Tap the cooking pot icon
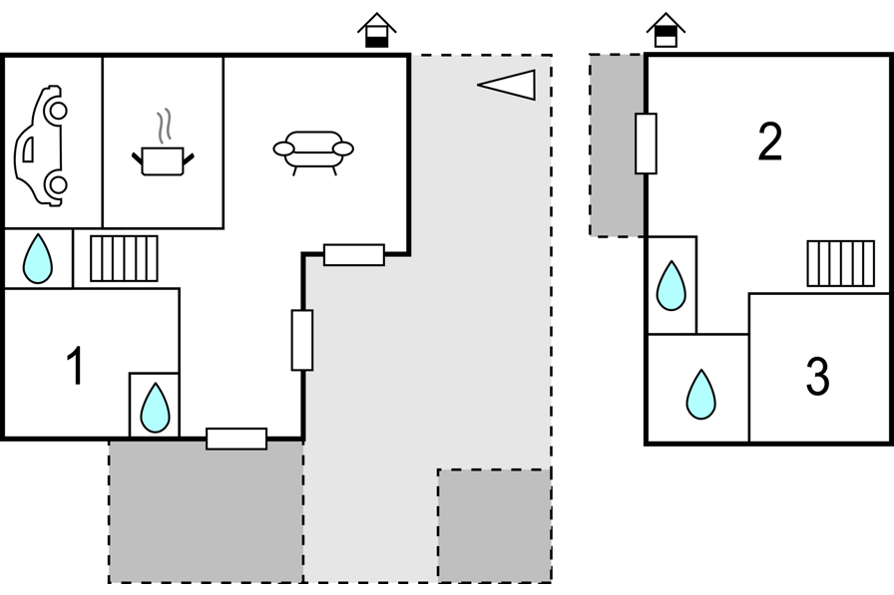click(x=163, y=159)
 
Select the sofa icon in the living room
click(x=313, y=151)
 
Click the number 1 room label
click(x=75, y=367)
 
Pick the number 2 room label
click(x=769, y=143)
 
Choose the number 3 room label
click(x=817, y=378)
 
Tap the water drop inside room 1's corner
click(x=155, y=407)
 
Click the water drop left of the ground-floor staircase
click(x=38, y=258)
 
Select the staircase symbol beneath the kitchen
click(x=124, y=258)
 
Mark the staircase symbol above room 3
click(x=840, y=263)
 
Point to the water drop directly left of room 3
click(x=701, y=394)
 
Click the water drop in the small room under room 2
click(x=671, y=285)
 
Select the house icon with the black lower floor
click(x=376, y=30)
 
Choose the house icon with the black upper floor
click(x=666, y=30)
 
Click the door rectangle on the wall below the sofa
click(x=354, y=254)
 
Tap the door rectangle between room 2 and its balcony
click(x=646, y=144)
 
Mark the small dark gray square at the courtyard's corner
click(x=494, y=525)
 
